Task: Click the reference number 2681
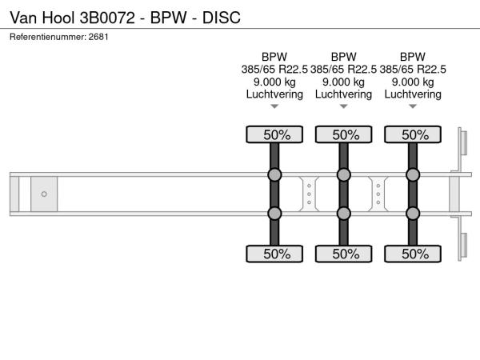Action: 98,37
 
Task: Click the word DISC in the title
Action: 222,18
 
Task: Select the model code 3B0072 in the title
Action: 107,18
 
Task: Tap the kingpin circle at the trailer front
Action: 44,194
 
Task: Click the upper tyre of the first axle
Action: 274,134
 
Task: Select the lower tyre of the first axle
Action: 274,254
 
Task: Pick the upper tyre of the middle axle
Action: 344,134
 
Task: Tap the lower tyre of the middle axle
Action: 344,254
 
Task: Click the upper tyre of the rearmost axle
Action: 413,134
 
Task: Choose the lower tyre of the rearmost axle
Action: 413,254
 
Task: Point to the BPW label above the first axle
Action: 274,57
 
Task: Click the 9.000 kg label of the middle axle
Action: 343,82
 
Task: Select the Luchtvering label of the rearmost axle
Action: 413,94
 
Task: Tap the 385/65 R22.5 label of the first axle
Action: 274,70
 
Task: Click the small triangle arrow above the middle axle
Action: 344,106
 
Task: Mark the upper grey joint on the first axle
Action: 274,174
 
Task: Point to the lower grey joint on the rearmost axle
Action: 413,214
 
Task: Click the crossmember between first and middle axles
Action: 309,194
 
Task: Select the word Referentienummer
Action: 48,37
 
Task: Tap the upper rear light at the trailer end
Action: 463,142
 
